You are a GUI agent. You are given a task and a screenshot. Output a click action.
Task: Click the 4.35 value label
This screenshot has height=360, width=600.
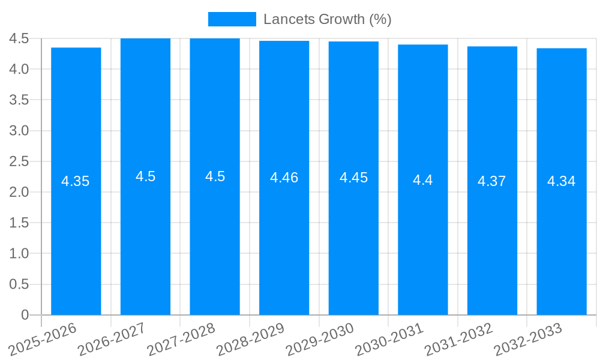click(76, 181)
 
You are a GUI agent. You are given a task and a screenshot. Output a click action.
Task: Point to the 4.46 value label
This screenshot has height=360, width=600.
click(284, 178)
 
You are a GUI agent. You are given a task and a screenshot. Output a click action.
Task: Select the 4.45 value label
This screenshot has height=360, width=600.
click(353, 178)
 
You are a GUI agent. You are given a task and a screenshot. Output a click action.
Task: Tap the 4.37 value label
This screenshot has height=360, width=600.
click(492, 181)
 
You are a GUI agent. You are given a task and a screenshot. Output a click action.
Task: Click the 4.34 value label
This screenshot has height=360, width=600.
click(562, 181)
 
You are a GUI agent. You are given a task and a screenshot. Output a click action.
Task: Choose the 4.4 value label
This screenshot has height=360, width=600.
click(423, 180)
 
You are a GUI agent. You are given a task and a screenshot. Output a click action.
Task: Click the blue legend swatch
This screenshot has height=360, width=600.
click(232, 19)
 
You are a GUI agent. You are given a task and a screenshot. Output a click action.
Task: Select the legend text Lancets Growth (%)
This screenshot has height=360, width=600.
click(328, 19)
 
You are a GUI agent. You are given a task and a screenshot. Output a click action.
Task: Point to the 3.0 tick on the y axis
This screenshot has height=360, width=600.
click(19, 131)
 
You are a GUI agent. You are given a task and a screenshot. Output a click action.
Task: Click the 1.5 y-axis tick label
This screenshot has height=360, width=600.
click(19, 223)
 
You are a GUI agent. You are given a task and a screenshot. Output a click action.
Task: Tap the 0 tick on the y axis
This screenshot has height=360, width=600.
click(25, 315)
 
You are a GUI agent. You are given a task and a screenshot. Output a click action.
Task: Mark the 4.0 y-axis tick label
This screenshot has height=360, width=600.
click(19, 69)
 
